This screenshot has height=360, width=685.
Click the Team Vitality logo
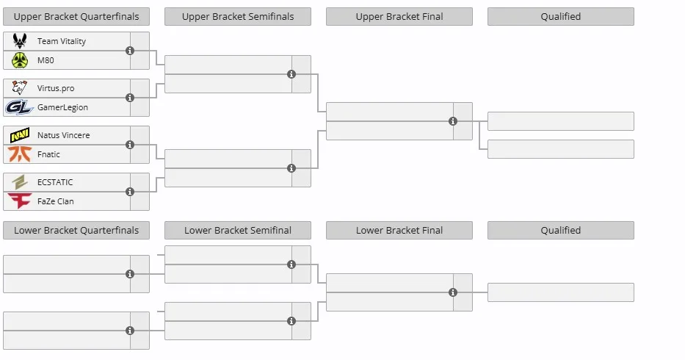20,40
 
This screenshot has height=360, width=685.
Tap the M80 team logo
20,60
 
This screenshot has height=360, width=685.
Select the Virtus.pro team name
56,88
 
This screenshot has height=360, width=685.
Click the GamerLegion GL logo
19,107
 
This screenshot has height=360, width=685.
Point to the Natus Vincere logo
20,135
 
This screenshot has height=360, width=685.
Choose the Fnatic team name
48,154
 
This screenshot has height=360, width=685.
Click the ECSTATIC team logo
20,182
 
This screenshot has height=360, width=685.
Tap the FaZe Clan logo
20,201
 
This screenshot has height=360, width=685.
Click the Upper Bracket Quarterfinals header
76,17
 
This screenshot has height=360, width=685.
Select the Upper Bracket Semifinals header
238,17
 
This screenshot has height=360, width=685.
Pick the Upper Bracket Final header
399,17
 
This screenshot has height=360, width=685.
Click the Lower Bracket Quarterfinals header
76,230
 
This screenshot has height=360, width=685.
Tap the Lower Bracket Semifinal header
238,230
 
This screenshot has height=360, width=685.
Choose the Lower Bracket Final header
399,230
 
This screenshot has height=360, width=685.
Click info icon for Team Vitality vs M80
130,51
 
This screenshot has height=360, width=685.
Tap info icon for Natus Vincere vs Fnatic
130,145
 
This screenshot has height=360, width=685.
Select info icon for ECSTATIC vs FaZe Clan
130,192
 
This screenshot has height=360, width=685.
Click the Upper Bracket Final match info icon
453,121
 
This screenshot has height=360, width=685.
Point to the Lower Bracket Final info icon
453,292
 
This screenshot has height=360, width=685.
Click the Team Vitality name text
62,41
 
